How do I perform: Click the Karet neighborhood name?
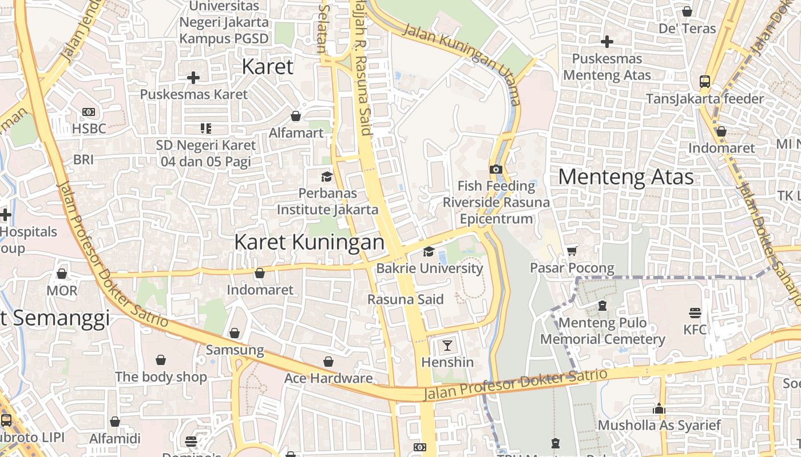(x=267, y=66)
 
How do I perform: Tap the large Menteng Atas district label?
(x=626, y=177)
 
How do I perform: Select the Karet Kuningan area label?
(x=309, y=242)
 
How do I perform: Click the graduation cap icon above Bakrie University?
(x=429, y=252)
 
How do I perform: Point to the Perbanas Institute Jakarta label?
(x=327, y=202)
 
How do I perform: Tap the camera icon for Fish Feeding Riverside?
(x=495, y=169)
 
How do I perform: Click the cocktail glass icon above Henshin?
(x=447, y=345)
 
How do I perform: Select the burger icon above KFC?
(x=695, y=312)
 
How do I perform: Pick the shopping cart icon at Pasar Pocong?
(x=572, y=251)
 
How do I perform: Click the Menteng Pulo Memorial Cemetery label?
(x=602, y=331)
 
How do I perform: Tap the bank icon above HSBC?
(x=89, y=112)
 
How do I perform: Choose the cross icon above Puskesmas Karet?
(x=193, y=77)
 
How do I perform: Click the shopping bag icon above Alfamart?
(x=296, y=116)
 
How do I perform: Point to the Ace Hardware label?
(x=328, y=378)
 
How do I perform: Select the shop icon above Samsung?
(x=235, y=333)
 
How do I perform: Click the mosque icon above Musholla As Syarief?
(x=659, y=408)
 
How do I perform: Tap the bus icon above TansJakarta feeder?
(x=705, y=82)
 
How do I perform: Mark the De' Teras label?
(x=687, y=29)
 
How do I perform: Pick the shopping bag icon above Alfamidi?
(x=115, y=422)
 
